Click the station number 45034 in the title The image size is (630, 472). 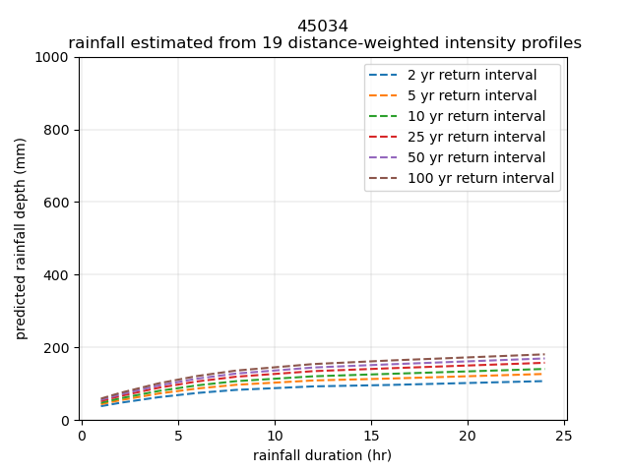[323, 27]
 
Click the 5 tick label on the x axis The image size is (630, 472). [178, 436]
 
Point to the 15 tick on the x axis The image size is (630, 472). [370, 436]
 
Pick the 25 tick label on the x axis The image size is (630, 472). [563, 436]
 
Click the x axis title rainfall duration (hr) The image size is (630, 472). [322, 455]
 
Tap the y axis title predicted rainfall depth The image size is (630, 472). [21, 239]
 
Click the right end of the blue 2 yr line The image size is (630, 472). [543, 381]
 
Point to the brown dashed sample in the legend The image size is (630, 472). [385, 179]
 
